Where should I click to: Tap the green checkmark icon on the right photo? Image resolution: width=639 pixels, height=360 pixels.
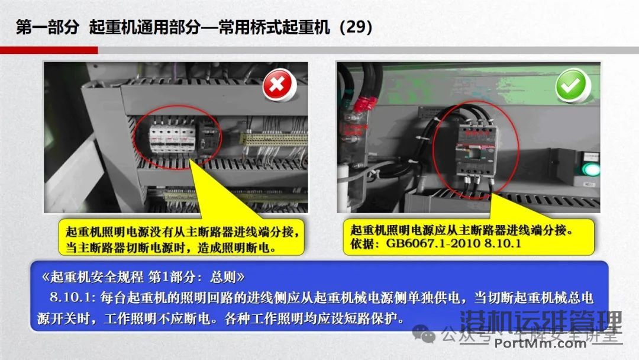click(572, 86)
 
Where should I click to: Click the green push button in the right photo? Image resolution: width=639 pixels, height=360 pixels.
click(589, 169)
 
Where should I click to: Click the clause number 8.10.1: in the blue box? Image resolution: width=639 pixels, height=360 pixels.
click(69, 298)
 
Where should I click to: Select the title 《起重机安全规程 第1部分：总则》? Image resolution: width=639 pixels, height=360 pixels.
click(143, 277)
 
